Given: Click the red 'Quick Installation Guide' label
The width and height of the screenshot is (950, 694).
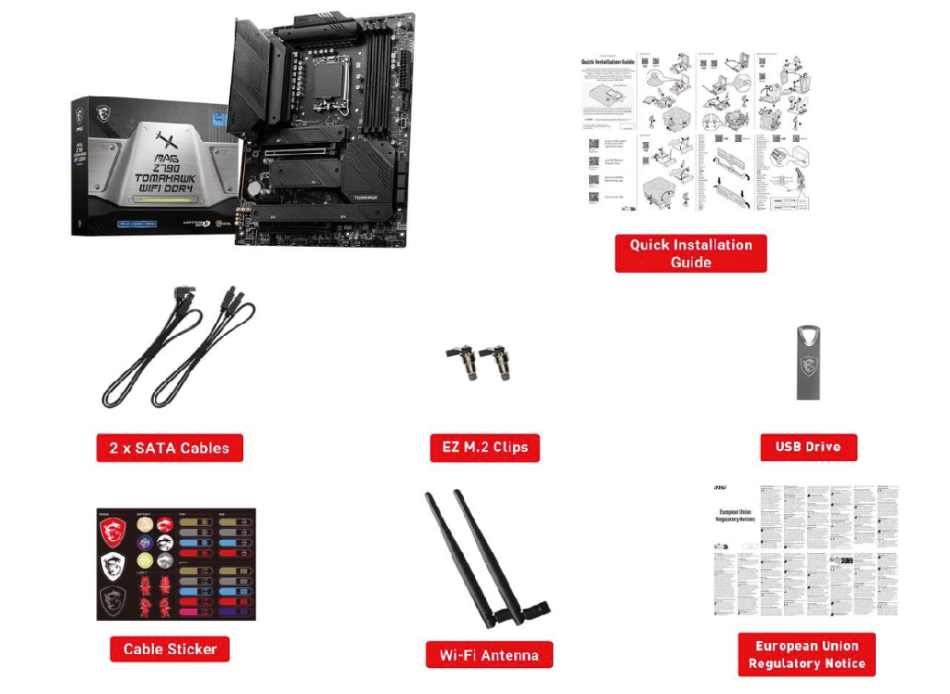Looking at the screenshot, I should tap(690, 253).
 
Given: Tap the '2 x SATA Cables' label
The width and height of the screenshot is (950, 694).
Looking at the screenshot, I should tap(169, 448).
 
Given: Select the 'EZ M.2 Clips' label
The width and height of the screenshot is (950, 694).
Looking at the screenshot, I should tap(484, 447).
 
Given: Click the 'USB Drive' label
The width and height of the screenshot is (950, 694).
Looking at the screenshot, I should tap(808, 446).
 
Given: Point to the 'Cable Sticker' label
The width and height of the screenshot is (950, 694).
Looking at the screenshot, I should tap(170, 649).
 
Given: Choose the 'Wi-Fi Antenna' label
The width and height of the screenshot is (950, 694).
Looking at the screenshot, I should tap(489, 655).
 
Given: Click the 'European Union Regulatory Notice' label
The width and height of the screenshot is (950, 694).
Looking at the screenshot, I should tap(807, 655).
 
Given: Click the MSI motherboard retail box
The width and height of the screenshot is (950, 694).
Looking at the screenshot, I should tap(153, 167).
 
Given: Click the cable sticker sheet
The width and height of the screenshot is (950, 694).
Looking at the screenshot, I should tap(175, 564).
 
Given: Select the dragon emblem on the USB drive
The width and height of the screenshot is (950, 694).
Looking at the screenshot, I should tap(809, 365).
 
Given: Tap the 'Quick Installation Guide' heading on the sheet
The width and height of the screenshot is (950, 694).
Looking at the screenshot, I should tap(608, 62).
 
